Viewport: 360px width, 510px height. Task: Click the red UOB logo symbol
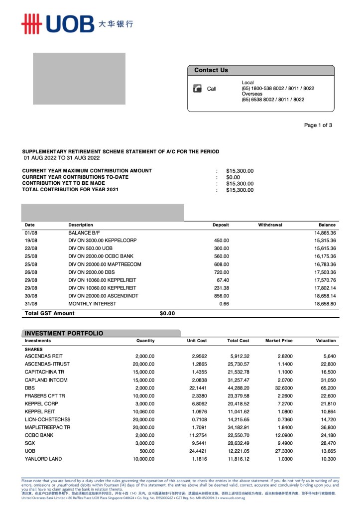pos(31,24)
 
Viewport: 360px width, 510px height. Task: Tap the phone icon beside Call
pos(197,89)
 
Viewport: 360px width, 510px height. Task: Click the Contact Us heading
pos(211,70)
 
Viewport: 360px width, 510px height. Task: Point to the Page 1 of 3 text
pos(318,126)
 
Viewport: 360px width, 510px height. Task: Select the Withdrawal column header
pos(270,225)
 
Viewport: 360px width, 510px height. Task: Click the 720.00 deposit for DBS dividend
pos(221,272)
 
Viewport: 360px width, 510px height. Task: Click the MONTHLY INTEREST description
pos(92,304)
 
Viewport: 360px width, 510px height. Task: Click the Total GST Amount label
pos(50,313)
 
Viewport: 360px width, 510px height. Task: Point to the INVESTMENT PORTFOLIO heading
pos(64,333)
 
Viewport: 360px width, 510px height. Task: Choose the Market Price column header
pos(279,341)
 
